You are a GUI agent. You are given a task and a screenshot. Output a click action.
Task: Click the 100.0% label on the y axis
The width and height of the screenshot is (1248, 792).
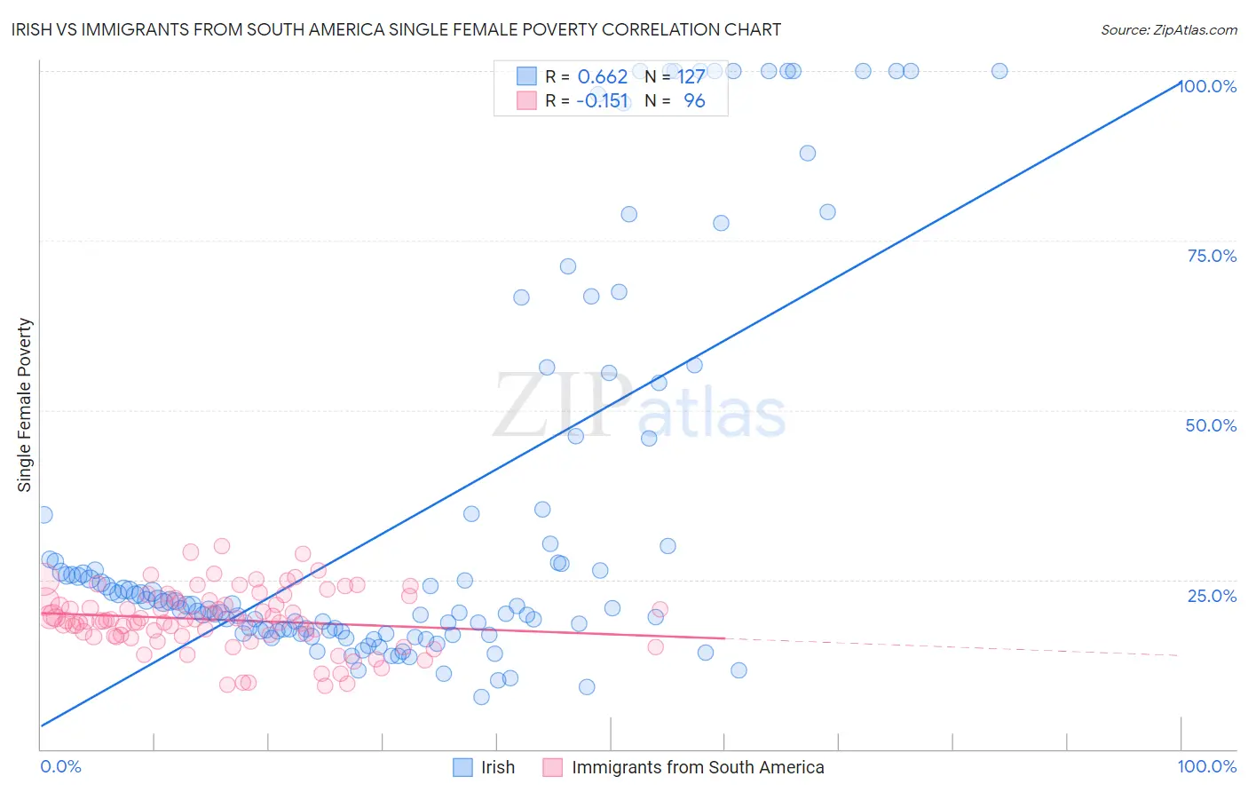(x=1209, y=86)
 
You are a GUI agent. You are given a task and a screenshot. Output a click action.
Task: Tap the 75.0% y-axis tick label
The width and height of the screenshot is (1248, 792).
(x=1212, y=256)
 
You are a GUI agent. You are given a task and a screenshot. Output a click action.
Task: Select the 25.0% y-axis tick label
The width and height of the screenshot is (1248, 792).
(x=1212, y=595)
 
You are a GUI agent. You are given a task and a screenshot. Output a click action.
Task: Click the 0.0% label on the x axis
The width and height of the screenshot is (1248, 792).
(x=60, y=766)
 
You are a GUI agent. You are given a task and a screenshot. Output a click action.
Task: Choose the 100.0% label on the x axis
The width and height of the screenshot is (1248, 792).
(x=1206, y=766)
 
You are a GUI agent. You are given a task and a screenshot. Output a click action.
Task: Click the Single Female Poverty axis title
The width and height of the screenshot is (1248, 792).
(x=25, y=405)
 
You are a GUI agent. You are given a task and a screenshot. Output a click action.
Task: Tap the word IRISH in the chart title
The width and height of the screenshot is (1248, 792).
(x=35, y=29)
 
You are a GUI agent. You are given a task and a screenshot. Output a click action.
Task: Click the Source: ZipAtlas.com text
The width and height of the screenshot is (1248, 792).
(x=1168, y=29)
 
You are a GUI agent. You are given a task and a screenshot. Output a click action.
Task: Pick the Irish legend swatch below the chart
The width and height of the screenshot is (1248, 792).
(x=462, y=767)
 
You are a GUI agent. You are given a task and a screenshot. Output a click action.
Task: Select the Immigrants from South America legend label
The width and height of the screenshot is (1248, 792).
(x=698, y=767)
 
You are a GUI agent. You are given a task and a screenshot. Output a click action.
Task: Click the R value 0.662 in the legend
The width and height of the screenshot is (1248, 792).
(x=602, y=77)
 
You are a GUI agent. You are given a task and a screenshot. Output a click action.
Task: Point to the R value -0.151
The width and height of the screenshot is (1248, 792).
(x=602, y=101)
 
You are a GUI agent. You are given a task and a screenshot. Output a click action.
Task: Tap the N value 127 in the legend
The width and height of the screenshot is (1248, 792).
(x=691, y=77)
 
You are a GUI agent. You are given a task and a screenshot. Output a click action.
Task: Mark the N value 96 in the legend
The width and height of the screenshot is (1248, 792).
(x=694, y=101)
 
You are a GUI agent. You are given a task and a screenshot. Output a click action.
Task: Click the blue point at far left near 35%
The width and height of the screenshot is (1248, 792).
(x=43, y=515)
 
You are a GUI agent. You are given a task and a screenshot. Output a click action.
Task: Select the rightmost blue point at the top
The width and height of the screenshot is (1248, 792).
(x=999, y=71)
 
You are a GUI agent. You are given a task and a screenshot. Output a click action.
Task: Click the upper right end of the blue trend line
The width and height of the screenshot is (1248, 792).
(x=1180, y=83)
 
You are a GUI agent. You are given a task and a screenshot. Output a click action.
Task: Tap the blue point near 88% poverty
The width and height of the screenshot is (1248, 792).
(x=807, y=153)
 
